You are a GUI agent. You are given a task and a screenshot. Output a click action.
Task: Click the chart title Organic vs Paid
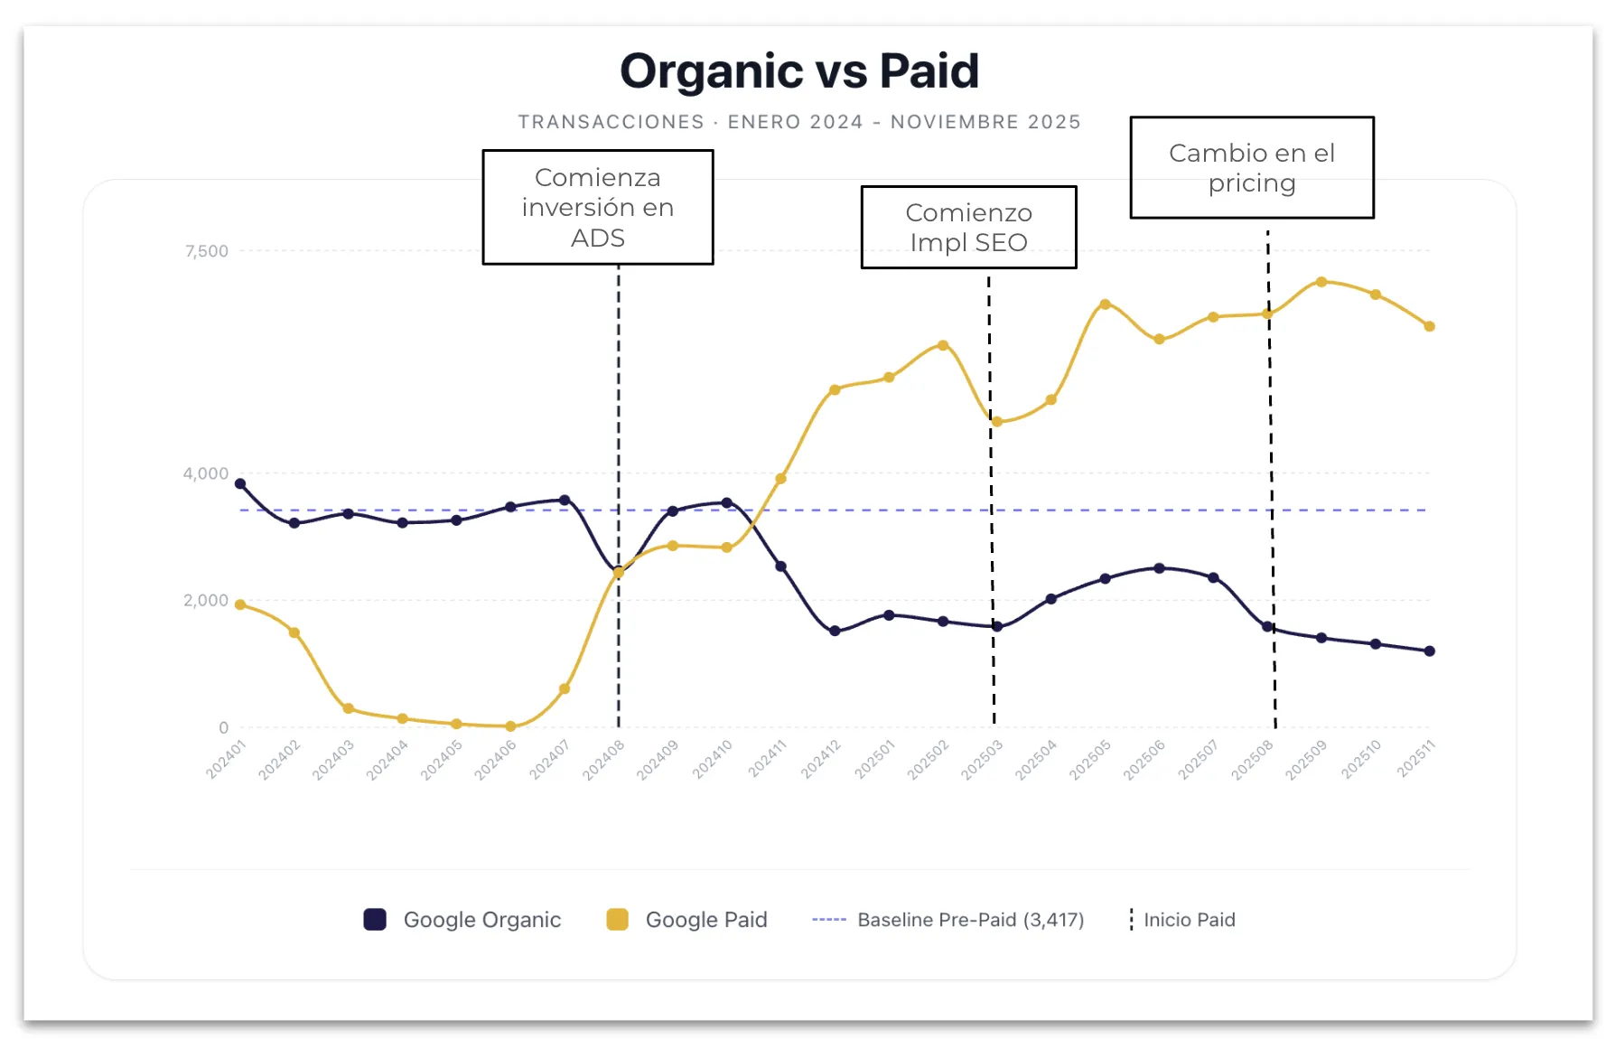coord(798,71)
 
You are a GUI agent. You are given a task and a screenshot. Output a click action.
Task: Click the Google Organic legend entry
coord(463,920)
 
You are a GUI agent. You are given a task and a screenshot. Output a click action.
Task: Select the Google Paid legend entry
coord(687,920)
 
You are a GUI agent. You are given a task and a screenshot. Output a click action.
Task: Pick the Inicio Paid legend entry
coord(1182,920)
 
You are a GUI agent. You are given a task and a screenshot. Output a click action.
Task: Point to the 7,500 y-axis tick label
coord(206,251)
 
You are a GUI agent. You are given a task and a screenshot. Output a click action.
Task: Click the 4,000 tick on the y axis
coord(205,473)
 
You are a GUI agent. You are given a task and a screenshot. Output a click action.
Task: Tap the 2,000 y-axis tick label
coord(205,600)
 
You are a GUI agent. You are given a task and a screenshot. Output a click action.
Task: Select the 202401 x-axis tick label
coord(226,759)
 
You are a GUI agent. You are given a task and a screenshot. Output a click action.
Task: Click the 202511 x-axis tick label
coord(1415,759)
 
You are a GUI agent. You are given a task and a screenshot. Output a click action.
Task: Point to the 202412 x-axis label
coord(821,759)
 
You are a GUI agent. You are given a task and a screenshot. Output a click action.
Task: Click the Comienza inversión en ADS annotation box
coord(597,207)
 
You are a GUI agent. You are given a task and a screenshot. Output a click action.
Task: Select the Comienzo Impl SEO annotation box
coord(968,227)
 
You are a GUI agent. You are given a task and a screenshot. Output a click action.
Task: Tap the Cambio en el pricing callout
coord(1251,167)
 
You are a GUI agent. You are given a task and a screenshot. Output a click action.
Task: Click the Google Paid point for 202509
coord(1321,282)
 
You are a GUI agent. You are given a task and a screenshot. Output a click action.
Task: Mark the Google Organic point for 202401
coord(240,484)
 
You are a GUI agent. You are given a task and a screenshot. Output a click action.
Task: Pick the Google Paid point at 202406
coord(510,726)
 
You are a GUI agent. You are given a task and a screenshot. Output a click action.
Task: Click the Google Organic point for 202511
coord(1429,651)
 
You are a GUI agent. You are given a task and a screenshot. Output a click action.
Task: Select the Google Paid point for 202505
coord(1105,304)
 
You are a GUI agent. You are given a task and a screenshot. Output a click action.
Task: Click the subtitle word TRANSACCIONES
coord(611,122)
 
